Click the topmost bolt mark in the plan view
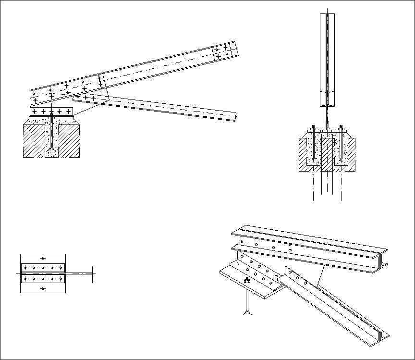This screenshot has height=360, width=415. (43, 259)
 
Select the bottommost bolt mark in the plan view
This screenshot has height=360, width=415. (43, 288)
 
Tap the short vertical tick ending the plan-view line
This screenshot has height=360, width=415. (92, 273)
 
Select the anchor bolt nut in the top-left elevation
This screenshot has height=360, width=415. (51, 117)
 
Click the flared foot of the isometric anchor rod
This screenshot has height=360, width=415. (247, 313)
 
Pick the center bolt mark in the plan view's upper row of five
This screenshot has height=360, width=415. (43, 267)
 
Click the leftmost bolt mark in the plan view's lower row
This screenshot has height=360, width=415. (25, 278)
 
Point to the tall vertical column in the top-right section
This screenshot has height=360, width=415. (327, 58)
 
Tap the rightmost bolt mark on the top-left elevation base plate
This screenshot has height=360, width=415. (68, 112)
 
